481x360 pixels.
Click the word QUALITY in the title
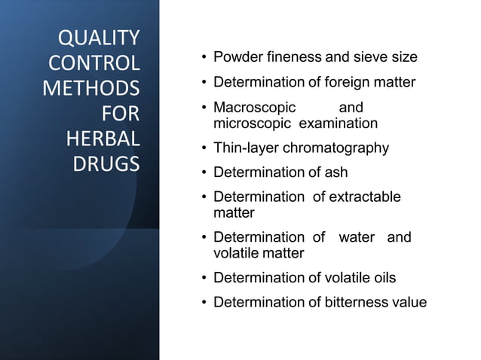point(99,38)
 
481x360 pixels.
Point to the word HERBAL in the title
point(103,139)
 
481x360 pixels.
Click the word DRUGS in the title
point(106,165)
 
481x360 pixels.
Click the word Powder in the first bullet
point(236,57)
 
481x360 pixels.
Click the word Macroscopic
point(255,108)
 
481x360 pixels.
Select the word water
point(357,237)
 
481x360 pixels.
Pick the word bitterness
point(357,303)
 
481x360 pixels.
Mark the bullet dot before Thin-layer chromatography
point(204,148)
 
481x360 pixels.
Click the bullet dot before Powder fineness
point(204,58)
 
